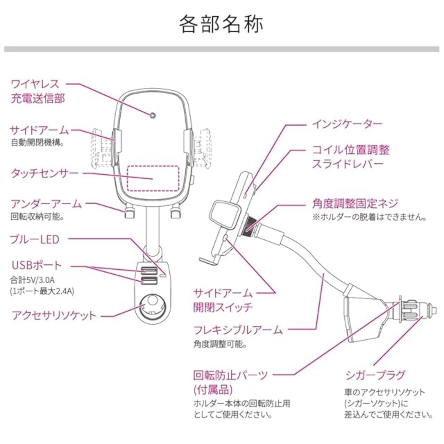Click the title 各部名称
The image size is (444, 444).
pyautogui.click(x=221, y=24)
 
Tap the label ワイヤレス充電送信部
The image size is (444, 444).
pyautogui.click(x=38, y=91)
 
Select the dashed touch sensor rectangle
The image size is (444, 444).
pyautogui.click(x=153, y=178)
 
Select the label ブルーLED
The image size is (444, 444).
pyautogui.click(x=35, y=239)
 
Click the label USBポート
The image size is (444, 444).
pyautogui.click(x=36, y=266)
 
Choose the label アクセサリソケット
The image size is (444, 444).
pyautogui.click(x=54, y=316)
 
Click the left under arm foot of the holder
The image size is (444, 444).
pyautogui.click(x=129, y=213)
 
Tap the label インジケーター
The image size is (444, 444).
pyautogui.click(x=347, y=123)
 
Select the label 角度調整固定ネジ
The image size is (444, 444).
pyautogui.click(x=355, y=204)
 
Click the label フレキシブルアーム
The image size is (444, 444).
pyautogui.click(x=238, y=330)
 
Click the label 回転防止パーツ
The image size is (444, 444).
pyautogui.click(x=231, y=375)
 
